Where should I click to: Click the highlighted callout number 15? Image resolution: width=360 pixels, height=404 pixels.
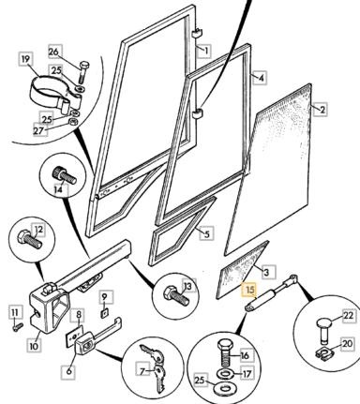pos(250,290)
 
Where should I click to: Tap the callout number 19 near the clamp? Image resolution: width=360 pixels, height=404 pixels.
pos(26,59)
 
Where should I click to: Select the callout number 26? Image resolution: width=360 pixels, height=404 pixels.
pos(53,52)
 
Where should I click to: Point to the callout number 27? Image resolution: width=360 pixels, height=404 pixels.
pos(39,130)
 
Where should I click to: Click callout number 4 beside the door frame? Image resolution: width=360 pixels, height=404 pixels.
pos(262,78)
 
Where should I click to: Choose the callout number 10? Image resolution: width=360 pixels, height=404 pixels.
pos(34,346)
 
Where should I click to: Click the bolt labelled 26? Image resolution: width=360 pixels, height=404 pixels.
pos(82,72)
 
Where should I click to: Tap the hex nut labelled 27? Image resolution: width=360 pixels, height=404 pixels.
pos(72,122)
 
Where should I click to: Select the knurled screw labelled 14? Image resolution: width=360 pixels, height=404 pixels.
pos(65,175)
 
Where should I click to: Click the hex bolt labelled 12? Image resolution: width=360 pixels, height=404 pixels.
pos(30,239)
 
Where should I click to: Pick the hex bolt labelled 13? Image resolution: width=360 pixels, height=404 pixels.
pos(176,295)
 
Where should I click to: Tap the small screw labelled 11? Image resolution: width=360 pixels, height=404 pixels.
pos(18,327)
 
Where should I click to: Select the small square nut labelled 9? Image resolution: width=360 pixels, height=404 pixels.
pos(105,312)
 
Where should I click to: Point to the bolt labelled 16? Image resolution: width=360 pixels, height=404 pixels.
pos(225,352)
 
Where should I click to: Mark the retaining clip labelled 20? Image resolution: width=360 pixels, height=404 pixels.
pos(322,354)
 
